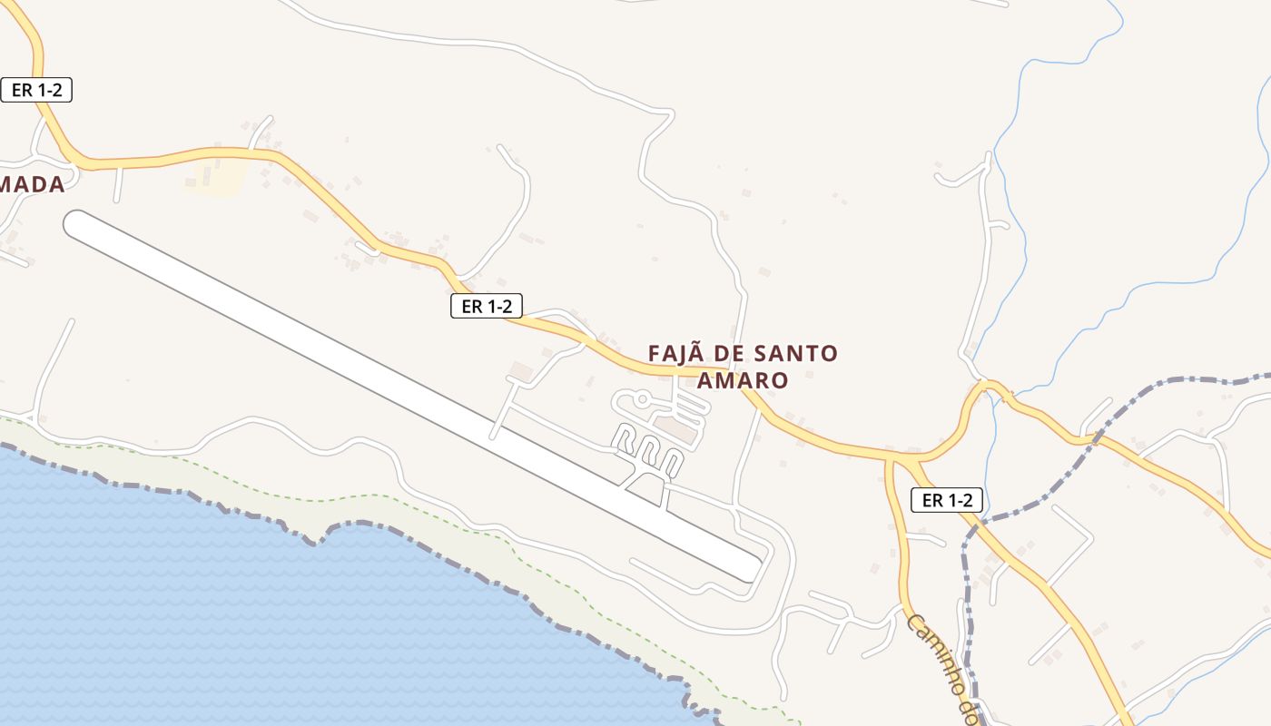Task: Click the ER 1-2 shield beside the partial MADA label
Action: pyautogui.click(x=36, y=90)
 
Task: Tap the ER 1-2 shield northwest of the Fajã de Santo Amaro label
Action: pyautogui.click(x=487, y=306)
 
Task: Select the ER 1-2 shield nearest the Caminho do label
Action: pyautogui.click(x=947, y=499)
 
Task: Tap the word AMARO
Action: pyautogui.click(x=742, y=380)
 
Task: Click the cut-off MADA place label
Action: pyautogui.click(x=32, y=184)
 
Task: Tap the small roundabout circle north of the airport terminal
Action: pyautogui.click(x=642, y=397)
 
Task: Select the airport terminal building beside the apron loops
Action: pyautogui.click(x=675, y=428)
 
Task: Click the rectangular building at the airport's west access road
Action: pyautogui.click(x=521, y=371)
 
